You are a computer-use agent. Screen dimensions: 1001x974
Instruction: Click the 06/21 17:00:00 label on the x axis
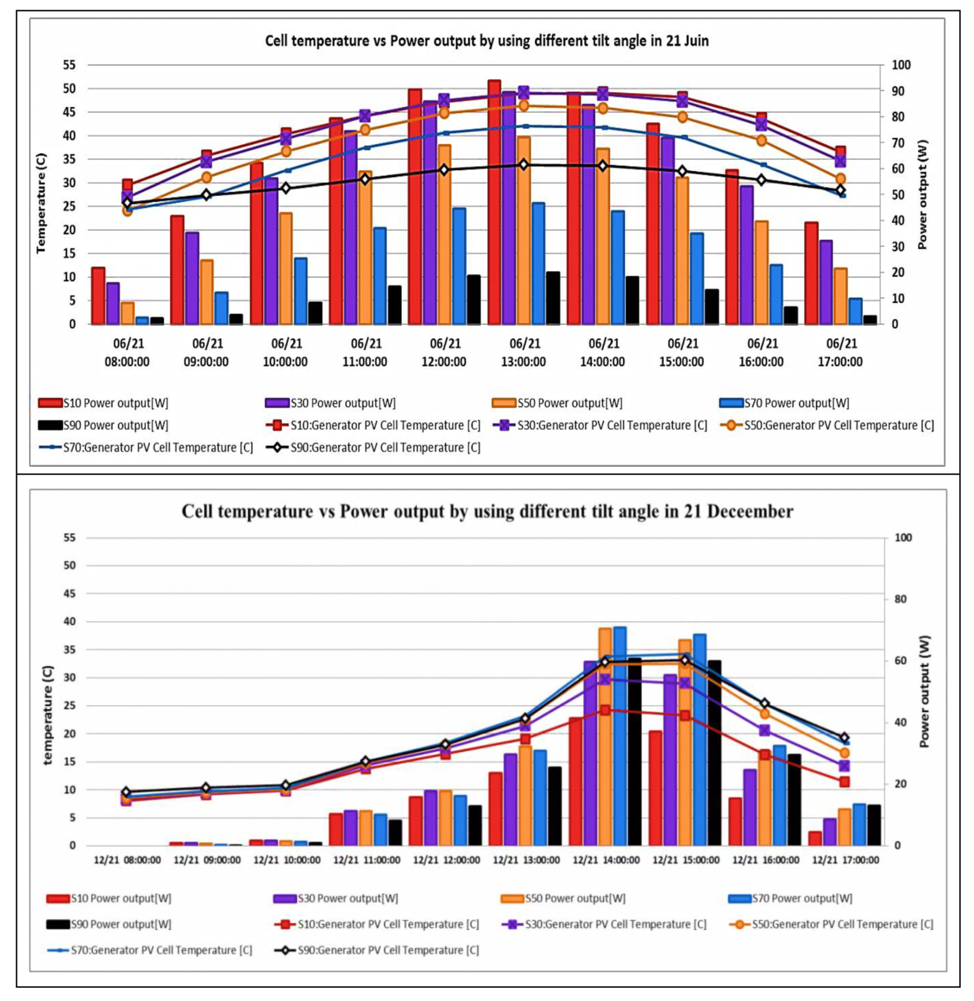point(840,353)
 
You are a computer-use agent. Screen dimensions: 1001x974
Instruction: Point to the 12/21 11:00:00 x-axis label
point(366,860)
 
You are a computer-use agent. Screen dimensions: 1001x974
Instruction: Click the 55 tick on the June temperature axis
point(69,65)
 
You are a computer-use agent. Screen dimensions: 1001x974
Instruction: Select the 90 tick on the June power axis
point(901,91)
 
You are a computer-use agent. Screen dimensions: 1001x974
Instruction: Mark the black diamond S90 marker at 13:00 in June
point(523,165)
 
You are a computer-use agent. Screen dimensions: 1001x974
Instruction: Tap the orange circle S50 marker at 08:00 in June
point(128,211)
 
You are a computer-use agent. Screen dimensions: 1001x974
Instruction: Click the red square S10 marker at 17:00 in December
point(844,782)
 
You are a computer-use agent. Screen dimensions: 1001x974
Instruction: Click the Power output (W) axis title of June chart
point(922,194)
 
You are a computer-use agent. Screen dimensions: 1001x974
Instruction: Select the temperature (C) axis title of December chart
point(47,715)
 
